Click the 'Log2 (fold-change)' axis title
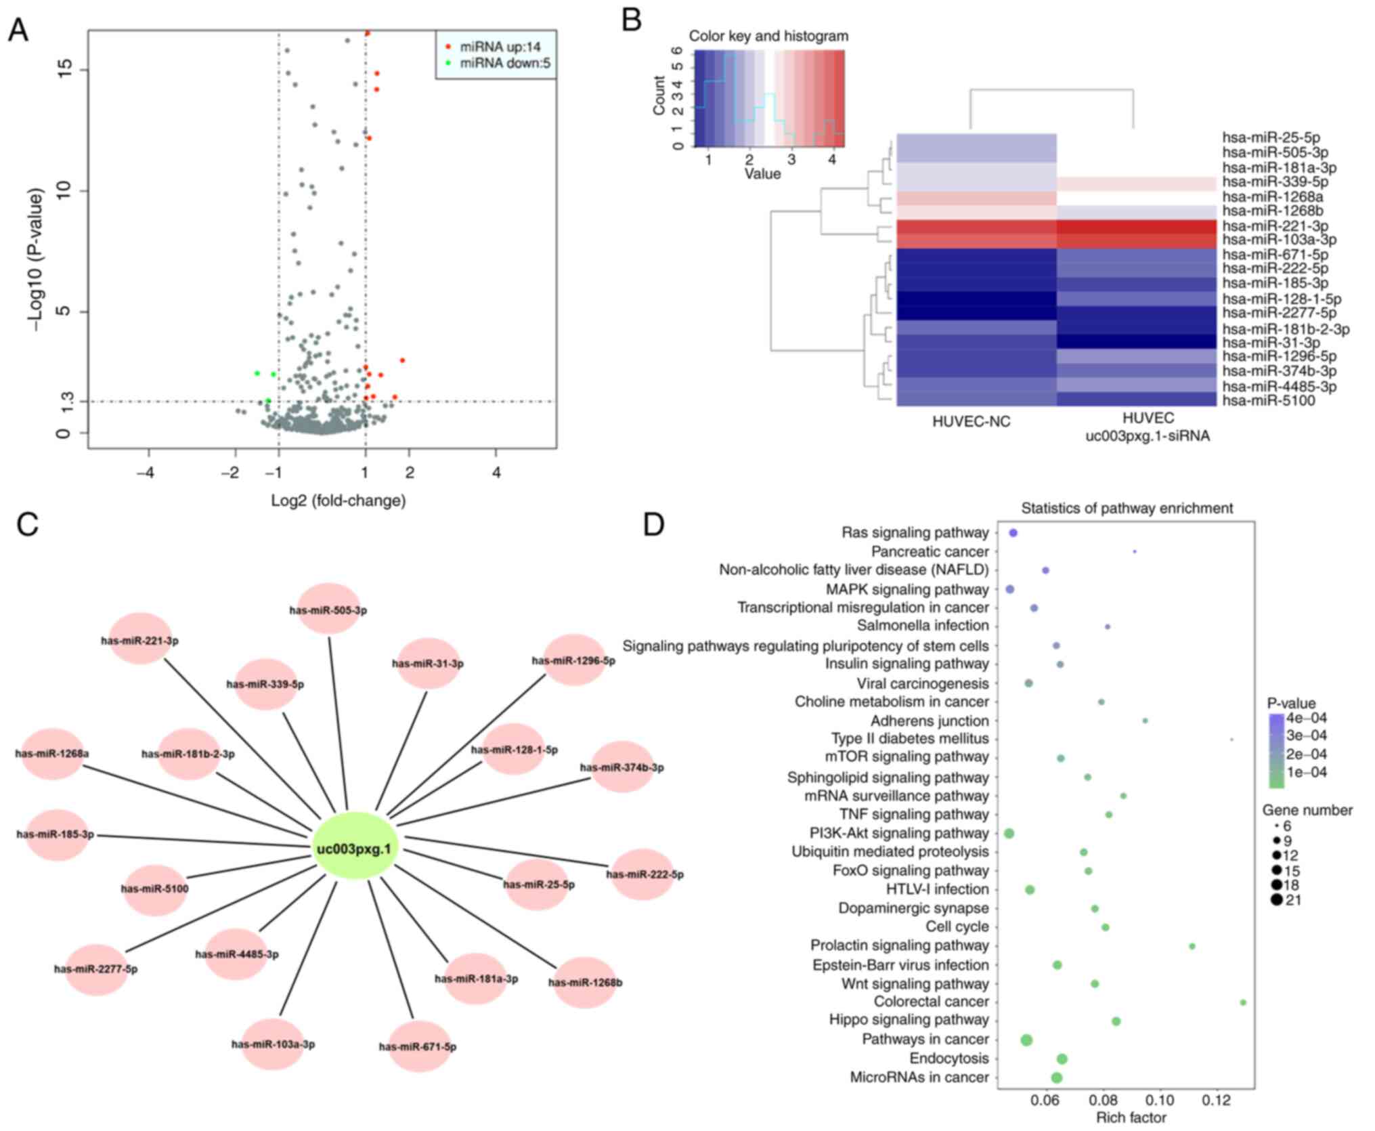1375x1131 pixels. click(339, 500)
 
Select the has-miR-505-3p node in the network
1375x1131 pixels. click(328, 610)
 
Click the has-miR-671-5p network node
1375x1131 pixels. click(418, 1046)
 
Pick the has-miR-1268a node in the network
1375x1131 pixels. click(53, 753)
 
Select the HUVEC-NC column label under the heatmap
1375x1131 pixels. click(971, 421)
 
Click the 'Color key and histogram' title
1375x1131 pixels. click(768, 36)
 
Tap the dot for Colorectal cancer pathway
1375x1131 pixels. click(1243, 1002)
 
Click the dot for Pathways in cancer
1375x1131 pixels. click(1026, 1040)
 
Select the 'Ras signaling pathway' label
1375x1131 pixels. click(915, 532)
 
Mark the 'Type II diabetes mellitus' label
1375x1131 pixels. click(910, 738)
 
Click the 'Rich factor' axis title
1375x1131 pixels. click(1131, 1117)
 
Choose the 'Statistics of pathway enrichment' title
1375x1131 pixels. click(1127, 508)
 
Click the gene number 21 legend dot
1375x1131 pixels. click(1277, 900)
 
